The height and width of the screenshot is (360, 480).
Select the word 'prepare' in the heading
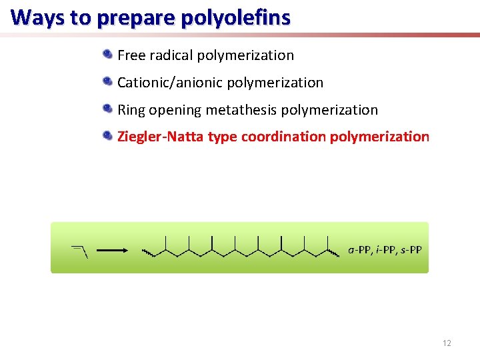pos(125,18)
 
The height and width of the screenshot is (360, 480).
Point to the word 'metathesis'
pos(241,110)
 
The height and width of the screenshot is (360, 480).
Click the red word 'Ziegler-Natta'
pos(161,137)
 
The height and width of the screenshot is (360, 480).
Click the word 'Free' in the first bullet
pos(131,55)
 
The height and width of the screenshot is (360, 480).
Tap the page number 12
pos(447,343)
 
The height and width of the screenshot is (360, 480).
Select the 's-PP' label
pos(409,250)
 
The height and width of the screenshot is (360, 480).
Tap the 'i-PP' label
pos(385,250)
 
